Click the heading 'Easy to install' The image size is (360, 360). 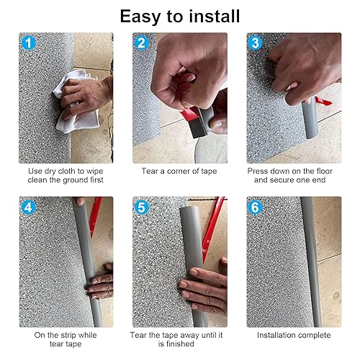tap(180, 16)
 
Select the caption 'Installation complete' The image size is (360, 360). tap(294, 336)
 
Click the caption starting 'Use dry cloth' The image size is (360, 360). tap(66, 175)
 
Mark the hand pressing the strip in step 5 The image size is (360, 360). tap(203, 292)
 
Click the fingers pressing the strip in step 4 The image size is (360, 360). tap(99, 281)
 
